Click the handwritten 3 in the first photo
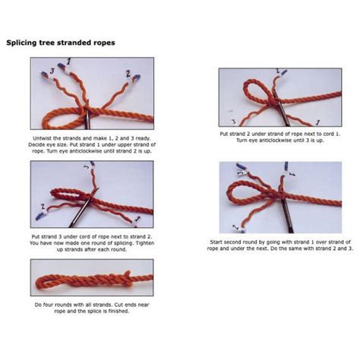pos(52,70)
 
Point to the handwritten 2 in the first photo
pos(128,75)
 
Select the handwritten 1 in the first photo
pos(71,60)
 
